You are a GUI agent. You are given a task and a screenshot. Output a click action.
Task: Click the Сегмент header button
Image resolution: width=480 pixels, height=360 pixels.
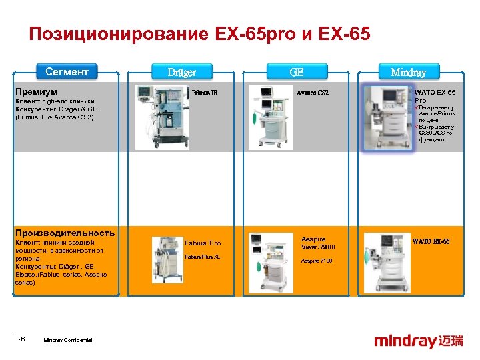tap(67, 71)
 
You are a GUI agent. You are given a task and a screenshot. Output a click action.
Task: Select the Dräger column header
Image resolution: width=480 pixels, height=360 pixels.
tap(181, 72)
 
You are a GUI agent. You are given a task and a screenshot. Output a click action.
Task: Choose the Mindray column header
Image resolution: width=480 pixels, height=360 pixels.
tap(409, 72)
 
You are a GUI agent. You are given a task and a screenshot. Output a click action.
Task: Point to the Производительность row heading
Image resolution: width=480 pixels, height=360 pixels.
tap(65, 233)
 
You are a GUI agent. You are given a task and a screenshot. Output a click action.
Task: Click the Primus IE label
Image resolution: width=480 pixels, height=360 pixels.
tap(205, 93)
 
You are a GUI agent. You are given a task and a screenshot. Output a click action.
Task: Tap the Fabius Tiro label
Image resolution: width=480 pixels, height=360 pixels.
tap(202, 243)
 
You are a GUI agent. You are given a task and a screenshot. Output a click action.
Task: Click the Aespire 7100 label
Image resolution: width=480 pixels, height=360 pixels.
tap(317, 261)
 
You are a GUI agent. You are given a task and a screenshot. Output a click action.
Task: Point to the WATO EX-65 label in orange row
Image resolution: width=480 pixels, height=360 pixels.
tap(431, 241)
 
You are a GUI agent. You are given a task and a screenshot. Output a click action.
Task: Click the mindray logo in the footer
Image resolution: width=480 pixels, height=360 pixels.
tap(418, 342)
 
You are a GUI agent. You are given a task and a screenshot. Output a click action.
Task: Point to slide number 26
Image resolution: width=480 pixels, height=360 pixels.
tap(21, 339)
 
